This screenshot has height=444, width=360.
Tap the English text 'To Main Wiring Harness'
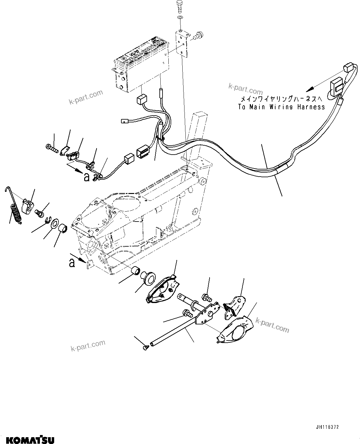(281, 107)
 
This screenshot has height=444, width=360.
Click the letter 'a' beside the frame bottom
(72, 263)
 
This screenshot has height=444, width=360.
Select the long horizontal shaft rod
(173, 328)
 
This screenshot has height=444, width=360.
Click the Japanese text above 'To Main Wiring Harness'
(282, 99)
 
